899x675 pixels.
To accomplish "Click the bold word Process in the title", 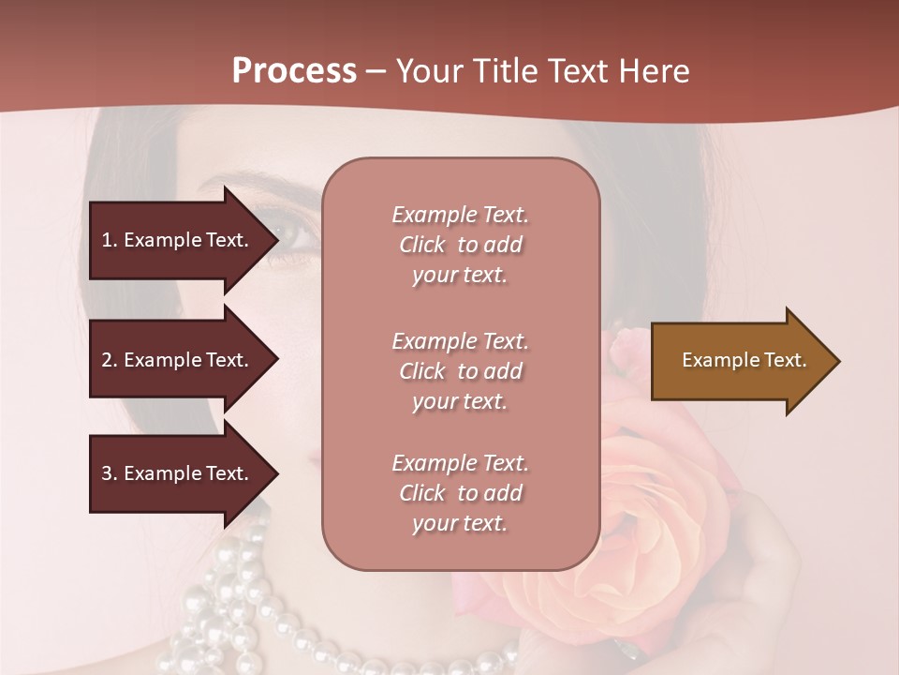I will pyautogui.click(x=294, y=70).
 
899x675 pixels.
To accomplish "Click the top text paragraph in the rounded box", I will pyautogui.click(x=460, y=245).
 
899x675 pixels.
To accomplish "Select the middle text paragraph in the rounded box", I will pyautogui.click(x=460, y=371).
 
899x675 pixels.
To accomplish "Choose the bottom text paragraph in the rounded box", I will pyautogui.click(x=460, y=493).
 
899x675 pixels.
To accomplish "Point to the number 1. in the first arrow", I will pyautogui.click(x=110, y=240).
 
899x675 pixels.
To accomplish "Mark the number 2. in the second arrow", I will pyautogui.click(x=110, y=360).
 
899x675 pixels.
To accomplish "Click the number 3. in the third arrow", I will pyautogui.click(x=110, y=473).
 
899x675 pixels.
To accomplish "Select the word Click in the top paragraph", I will pyautogui.click(x=422, y=245).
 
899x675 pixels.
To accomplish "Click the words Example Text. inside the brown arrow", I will pyautogui.click(x=744, y=360).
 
